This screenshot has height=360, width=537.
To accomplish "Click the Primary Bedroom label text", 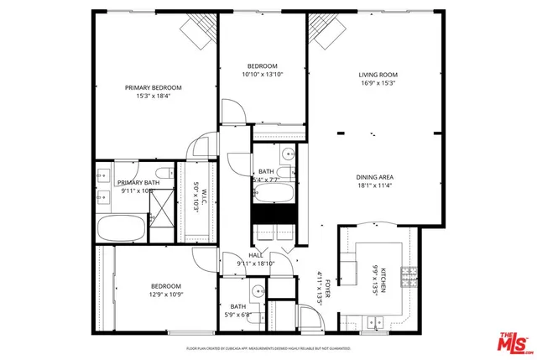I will tap(153, 87).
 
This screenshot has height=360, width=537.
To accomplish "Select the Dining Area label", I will tap(375, 177).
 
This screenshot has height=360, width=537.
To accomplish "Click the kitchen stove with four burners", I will tap(409, 275).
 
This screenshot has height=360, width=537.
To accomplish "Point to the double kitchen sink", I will tap(373, 321).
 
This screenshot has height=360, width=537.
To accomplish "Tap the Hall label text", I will tap(256, 255).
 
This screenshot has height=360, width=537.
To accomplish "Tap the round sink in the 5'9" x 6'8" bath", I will tap(258, 292).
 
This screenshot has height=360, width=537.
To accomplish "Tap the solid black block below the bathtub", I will tap(274, 215).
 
